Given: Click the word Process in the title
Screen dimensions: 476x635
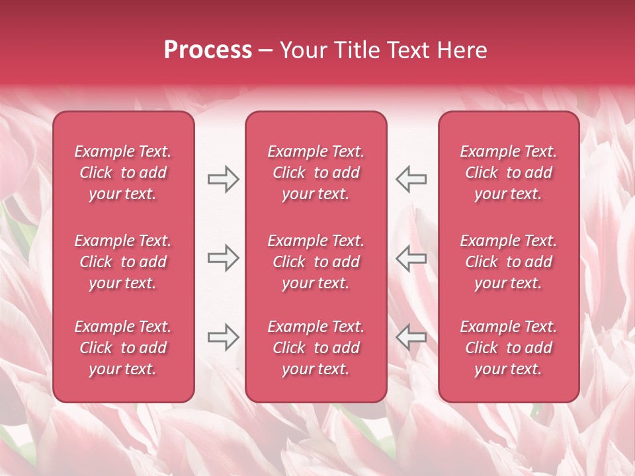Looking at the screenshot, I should [x=208, y=50].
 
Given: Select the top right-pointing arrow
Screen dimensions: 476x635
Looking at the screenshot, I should [x=223, y=179].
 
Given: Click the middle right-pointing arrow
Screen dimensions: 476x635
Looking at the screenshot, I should [x=223, y=258].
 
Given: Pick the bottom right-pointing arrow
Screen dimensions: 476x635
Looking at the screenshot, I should [x=223, y=337].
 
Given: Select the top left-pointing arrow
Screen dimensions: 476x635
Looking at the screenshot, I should [x=411, y=179].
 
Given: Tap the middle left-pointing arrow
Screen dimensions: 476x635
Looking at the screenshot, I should [x=411, y=258].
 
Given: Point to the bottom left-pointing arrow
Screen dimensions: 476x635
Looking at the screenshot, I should [x=411, y=337].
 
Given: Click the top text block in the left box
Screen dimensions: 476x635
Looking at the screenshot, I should [x=123, y=173].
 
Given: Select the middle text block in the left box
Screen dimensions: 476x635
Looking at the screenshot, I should [x=123, y=262].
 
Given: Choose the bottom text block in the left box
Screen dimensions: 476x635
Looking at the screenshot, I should [x=123, y=348].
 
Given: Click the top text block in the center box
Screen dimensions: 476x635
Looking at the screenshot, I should [x=316, y=173].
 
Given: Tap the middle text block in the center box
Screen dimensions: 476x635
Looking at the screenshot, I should [x=316, y=262].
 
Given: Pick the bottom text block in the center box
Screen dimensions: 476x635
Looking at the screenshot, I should [x=316, y=348].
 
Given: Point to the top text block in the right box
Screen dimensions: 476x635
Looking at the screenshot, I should [x=509, y=173].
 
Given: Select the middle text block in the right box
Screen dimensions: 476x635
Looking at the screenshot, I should [x=509, y=262].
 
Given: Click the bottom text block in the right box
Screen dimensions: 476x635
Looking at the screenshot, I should [x=509, y=348].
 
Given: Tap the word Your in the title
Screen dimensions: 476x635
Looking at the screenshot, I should [x=301, y=50].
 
